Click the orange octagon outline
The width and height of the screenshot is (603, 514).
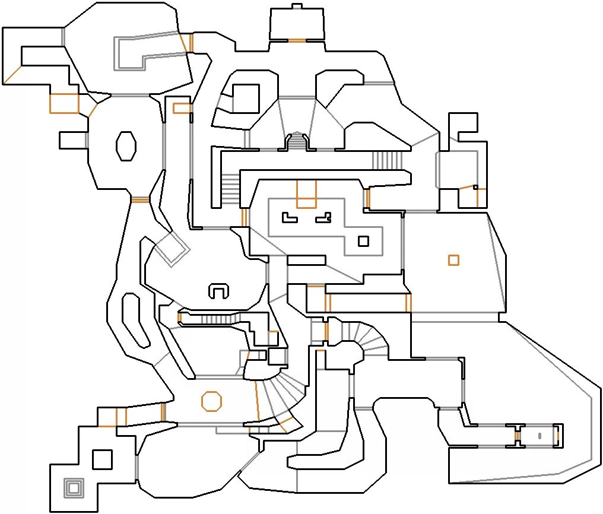coord(211,401)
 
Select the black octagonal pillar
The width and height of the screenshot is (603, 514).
coord(126,145)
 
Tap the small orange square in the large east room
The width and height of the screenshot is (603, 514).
coord(453,260)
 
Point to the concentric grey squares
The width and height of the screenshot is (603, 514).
coord(73,488)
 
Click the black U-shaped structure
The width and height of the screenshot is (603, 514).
coord(218,291)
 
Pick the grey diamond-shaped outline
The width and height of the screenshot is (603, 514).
coord(172,248)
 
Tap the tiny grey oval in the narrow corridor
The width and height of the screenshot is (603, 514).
coord(539,436)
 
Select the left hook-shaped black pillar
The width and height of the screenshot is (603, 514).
coord(289,218)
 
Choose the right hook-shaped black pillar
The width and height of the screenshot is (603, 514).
coord(323,218)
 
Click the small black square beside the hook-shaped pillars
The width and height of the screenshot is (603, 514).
coord(363,241)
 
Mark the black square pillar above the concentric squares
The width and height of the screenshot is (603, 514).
coord(103,459)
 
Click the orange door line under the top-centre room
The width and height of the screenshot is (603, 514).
coord(297,41)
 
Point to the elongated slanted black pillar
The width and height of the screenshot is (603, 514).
coord(135,321)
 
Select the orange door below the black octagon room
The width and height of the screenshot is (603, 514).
coord(139,200)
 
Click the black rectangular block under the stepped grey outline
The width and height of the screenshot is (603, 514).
coord(306,260)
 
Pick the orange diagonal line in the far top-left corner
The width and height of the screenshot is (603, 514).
coord(12,74)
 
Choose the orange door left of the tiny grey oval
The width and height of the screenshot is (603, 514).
coord(517,436)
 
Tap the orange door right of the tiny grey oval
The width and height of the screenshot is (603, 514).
coord(557,436)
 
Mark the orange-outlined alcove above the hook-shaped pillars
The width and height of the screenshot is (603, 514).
coord(306,195)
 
